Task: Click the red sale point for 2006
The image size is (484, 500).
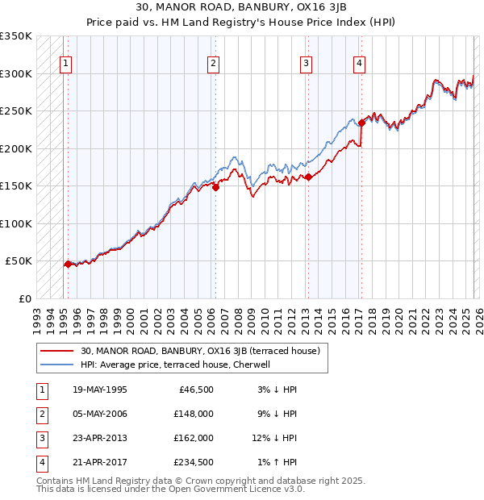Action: (215, 187)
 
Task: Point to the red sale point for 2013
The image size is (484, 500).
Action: (308, 177)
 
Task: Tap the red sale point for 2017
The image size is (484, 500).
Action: (361, 123)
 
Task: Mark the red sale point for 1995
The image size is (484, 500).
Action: (67, 264)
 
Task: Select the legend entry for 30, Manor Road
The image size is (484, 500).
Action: (201, 351)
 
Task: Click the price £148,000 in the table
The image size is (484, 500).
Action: (194, 414)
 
